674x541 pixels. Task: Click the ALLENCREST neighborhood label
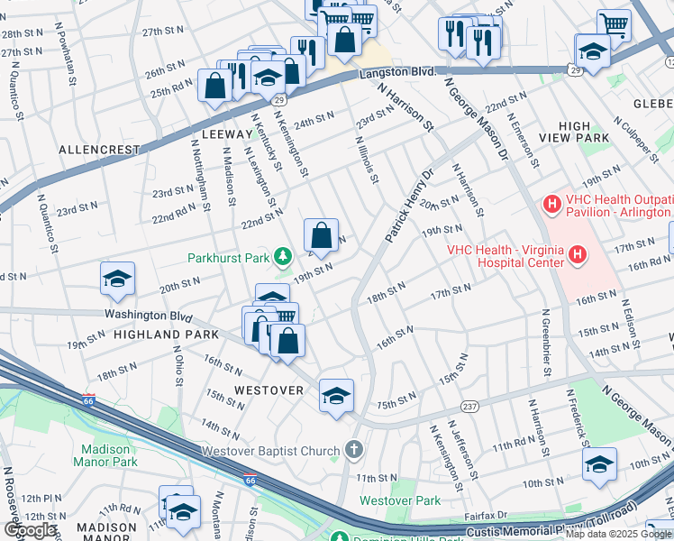100,150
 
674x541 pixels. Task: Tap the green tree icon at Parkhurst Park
284,257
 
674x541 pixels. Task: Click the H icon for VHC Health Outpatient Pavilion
552,205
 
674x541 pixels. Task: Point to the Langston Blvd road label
398,71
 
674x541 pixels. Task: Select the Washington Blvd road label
149,316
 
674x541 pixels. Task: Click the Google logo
30,530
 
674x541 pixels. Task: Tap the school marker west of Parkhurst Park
117,280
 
